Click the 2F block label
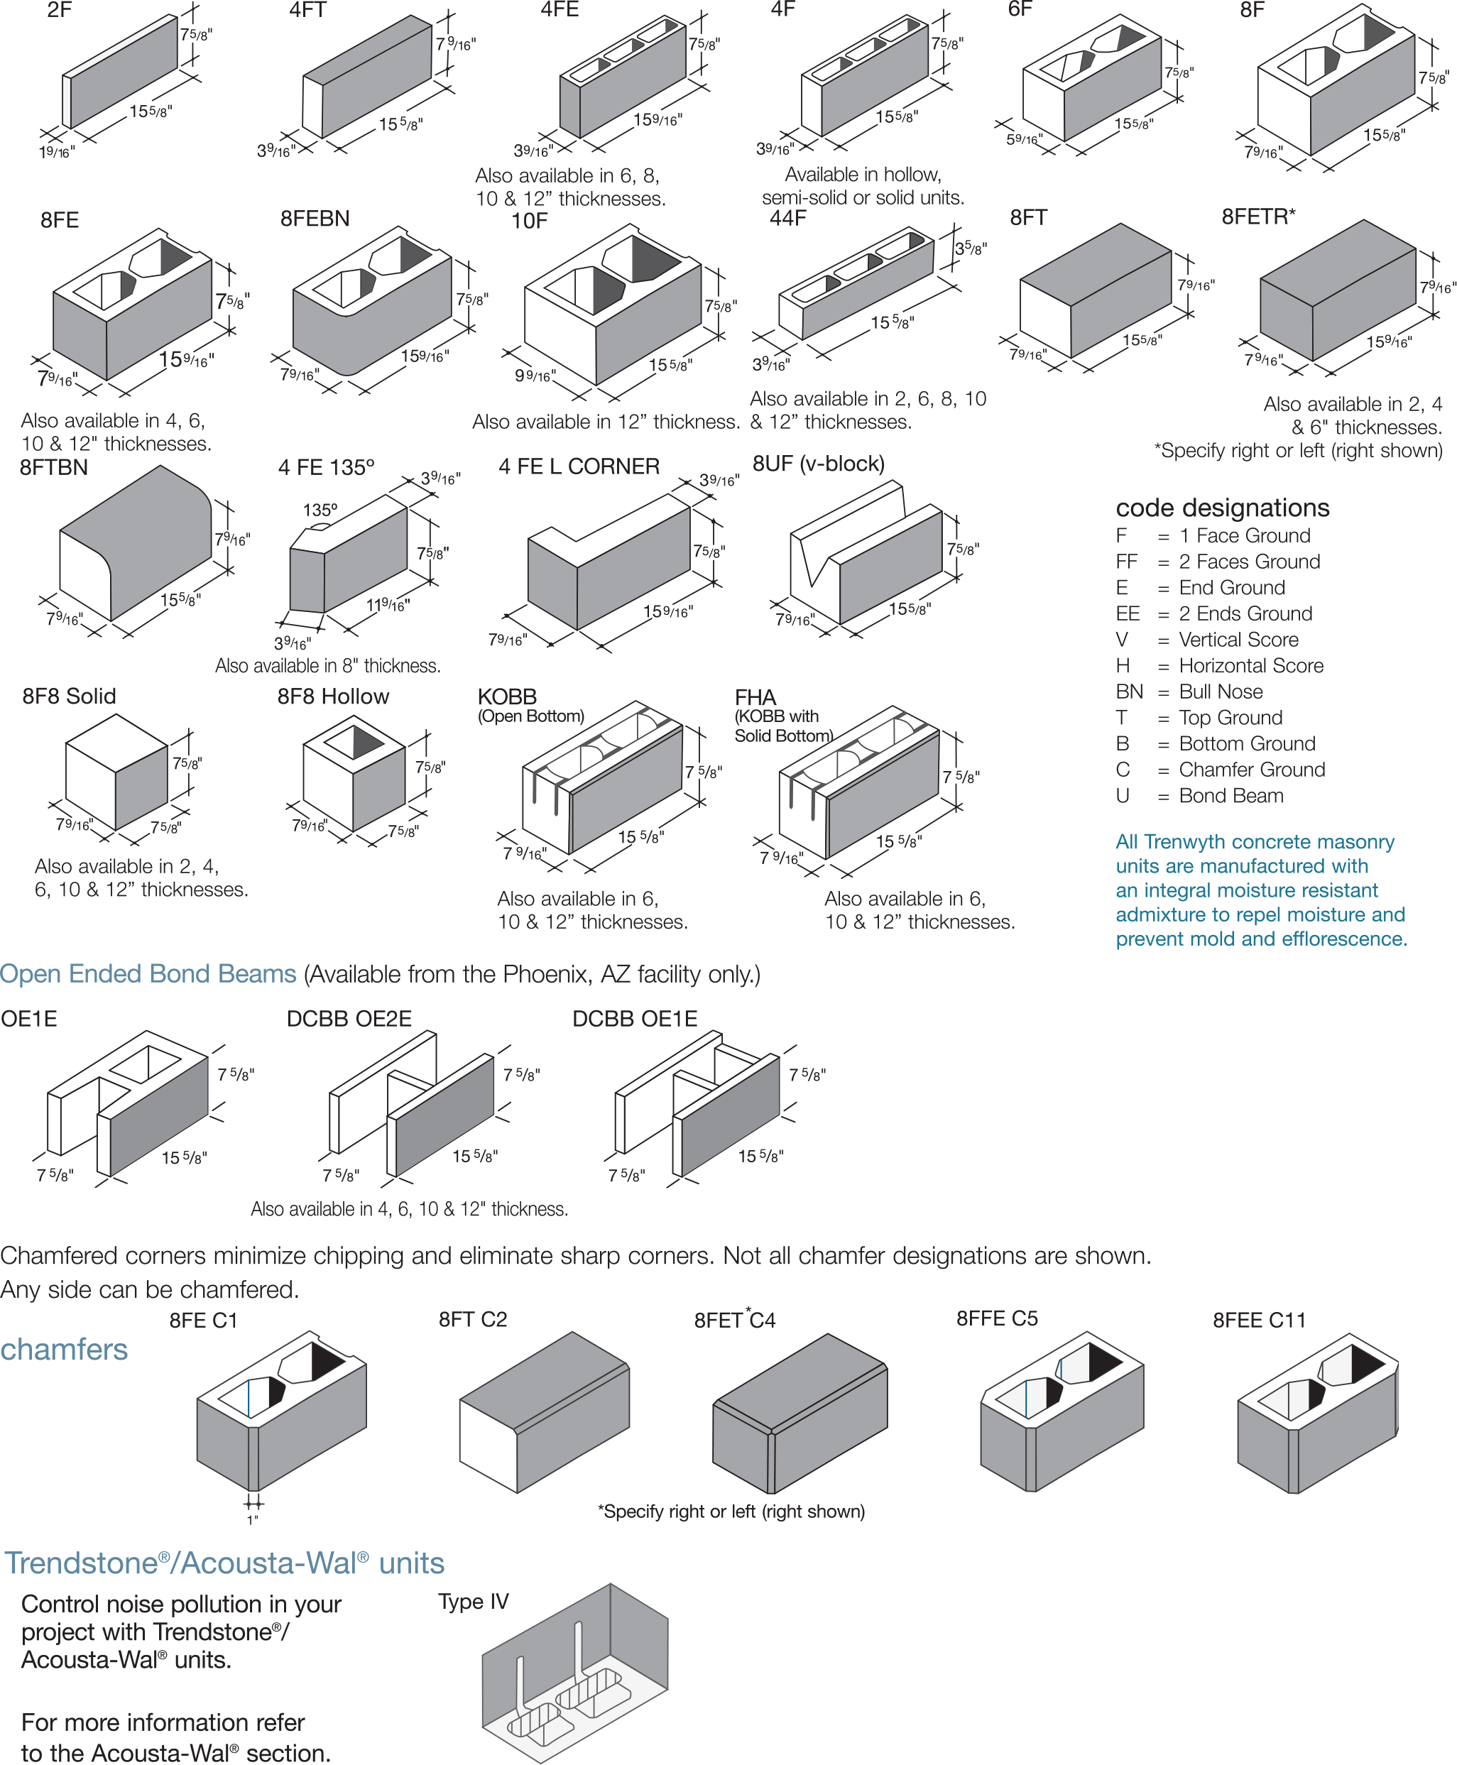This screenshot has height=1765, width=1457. point(59,10)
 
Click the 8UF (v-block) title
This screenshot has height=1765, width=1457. point(818,464)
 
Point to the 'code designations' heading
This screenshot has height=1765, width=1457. point(1222,508)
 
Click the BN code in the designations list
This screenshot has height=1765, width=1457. point(1129,692)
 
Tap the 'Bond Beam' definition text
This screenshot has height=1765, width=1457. point(1231,796)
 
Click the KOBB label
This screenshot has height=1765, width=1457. point(507,696)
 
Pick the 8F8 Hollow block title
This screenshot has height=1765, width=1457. point(333,696)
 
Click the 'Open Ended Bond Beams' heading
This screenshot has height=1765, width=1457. point(148,973)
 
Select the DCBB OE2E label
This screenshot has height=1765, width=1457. point(349,1019)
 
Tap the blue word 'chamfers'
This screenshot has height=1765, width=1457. point(64,1350)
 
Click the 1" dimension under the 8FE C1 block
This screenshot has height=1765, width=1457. point(253,1520)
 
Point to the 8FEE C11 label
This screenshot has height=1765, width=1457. point(1259,1320)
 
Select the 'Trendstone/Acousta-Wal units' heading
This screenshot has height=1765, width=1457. point(225,1563)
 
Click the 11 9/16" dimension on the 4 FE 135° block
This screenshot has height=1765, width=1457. point(388,604)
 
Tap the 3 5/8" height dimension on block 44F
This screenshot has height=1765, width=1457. point(971,248)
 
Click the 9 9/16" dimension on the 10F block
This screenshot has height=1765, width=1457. point(535,375)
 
